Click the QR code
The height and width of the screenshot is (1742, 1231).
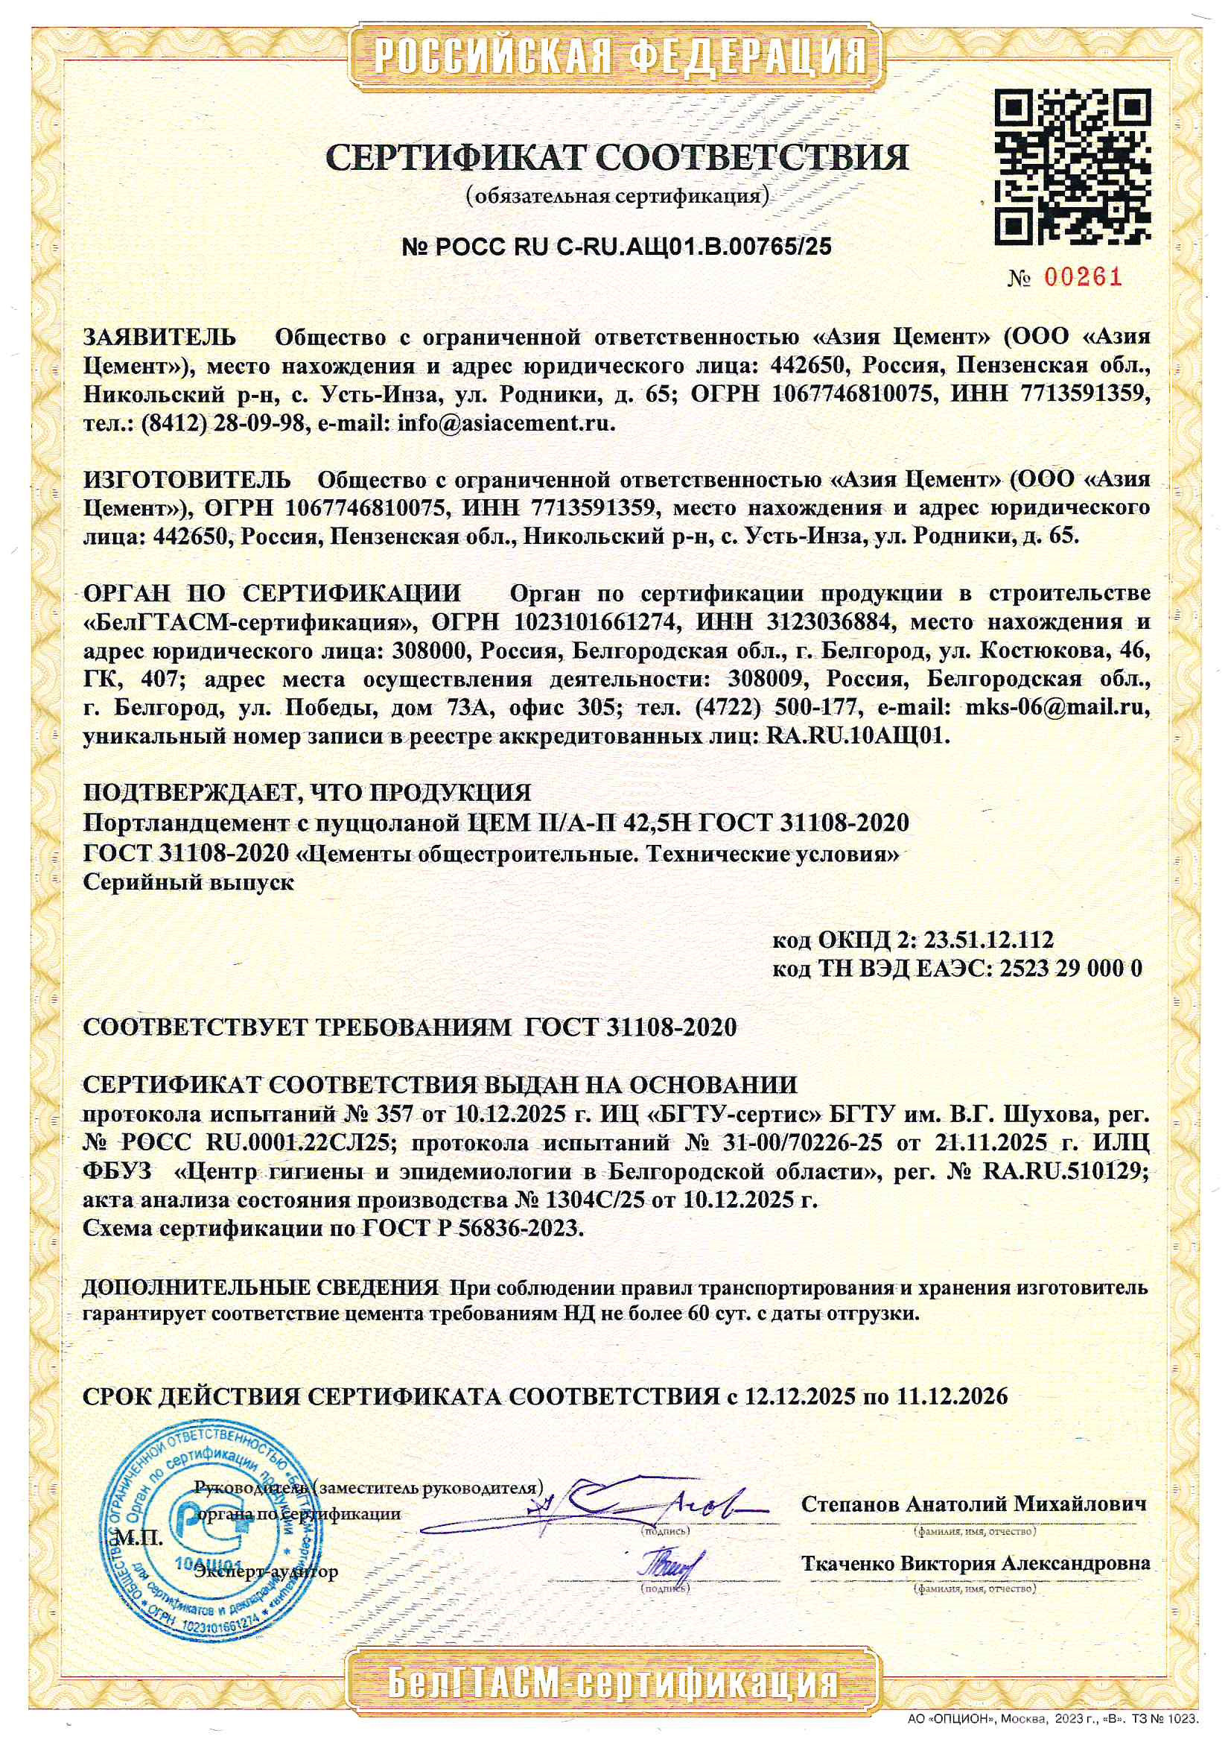1072,166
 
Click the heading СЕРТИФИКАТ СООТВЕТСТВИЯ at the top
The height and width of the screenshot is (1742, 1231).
616,157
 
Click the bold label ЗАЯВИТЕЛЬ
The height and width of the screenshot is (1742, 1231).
159,337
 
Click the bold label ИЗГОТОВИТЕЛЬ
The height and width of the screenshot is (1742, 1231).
187,480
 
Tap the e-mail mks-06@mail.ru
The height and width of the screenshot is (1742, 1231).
1057,708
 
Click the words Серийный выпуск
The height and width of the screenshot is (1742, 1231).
188,882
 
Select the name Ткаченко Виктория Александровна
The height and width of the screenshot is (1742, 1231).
976,1564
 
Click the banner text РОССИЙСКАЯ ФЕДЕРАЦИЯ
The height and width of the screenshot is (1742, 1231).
619,55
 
